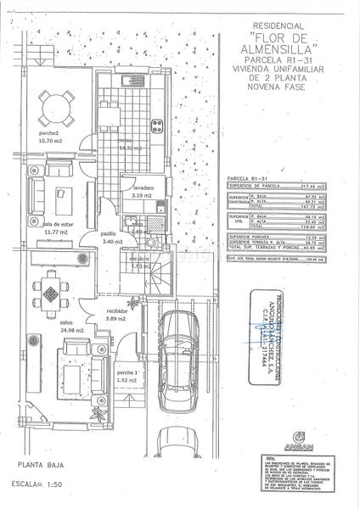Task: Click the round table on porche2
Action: (53, 107)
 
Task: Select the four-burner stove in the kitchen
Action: (156, 127)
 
